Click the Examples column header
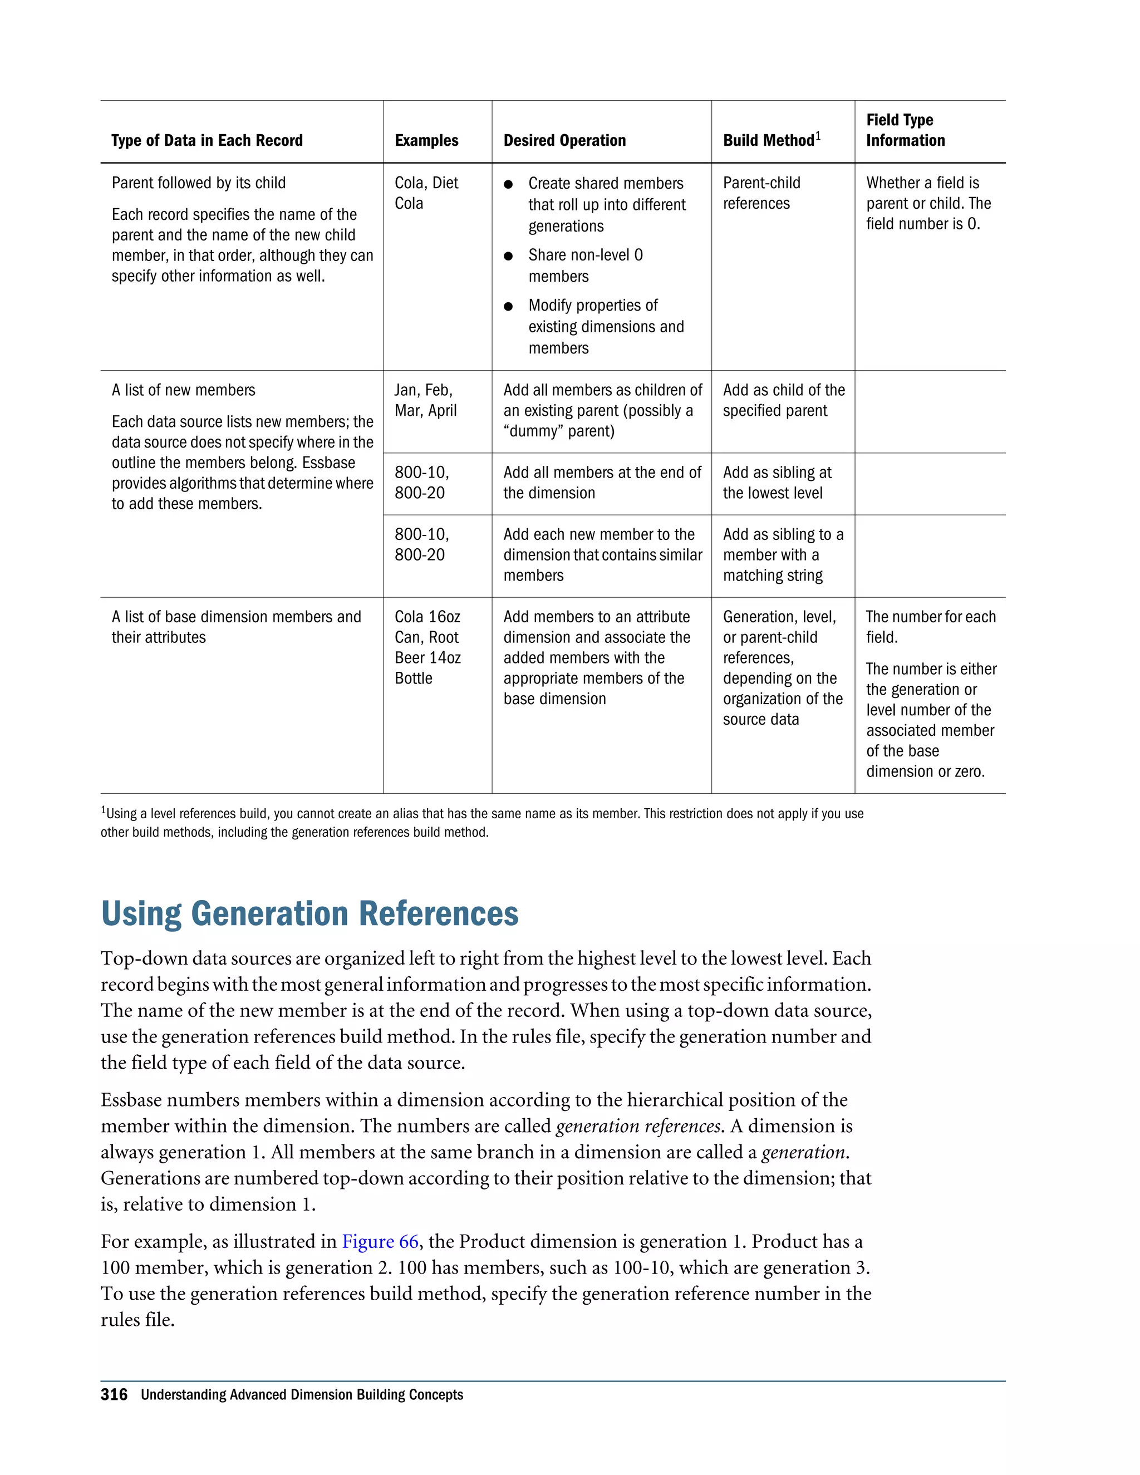[x=426, y=140]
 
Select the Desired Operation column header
[x=564, y=140]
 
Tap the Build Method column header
[x=769, y=140]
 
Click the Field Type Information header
[x=905, y=130]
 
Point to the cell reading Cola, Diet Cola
[x=426, y=193]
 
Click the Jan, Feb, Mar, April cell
[x=425, y=401]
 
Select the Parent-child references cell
[x=761, y=193]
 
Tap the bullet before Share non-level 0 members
[x=509, y=256]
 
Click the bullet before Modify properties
[x=509, y=307]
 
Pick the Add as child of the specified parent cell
[x=783, y=401]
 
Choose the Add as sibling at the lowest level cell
[x=777, y=483]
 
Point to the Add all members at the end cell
[x=602, y=483]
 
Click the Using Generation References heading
[x=309, y=914]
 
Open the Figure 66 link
[x=380, y=1241]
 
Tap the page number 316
[x=114, y=1395]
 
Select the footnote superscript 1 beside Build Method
[x=818, y=136]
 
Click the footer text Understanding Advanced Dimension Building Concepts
[x=302, y=1395]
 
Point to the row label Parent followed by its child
[x=199, y=183]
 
